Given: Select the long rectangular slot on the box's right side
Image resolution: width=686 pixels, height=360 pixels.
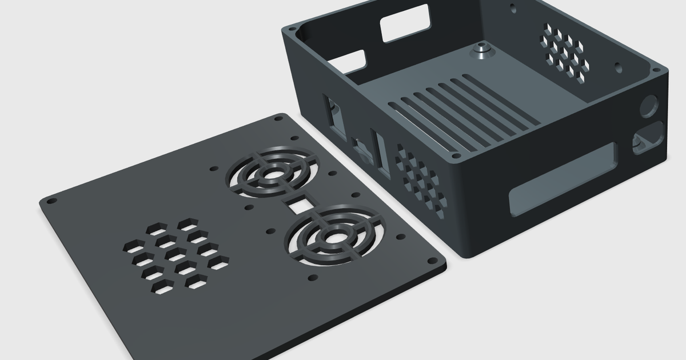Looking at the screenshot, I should click(x=563, y=179).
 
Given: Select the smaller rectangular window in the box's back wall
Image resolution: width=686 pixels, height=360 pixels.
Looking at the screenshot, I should click(x=353, y=63).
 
